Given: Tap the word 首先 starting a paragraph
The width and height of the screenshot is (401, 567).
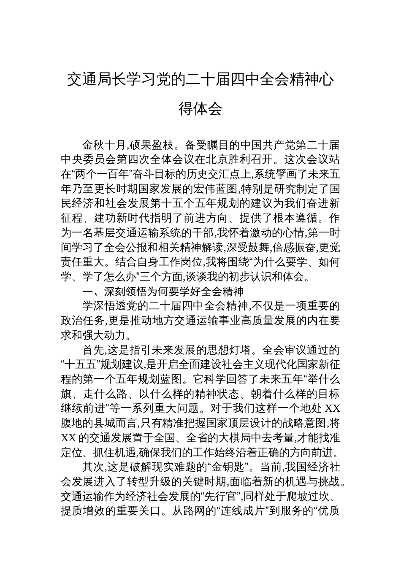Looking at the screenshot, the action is point(92,350).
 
